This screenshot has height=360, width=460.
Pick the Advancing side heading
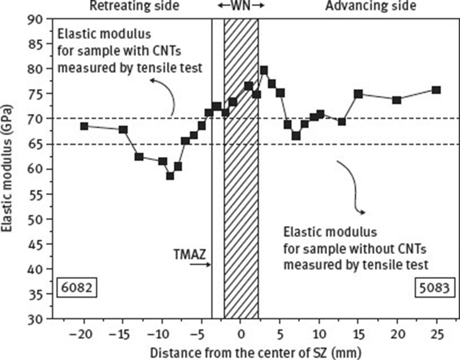(x=371, y=6)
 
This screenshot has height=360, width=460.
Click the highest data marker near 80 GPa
(x=264, y=70)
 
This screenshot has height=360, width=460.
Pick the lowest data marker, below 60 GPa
(x=170, y=175)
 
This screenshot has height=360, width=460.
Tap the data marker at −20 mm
(x=84, y=126)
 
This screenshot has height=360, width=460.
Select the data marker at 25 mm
(x=436, y=90)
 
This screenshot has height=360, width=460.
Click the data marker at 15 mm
(x=358, y=94)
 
